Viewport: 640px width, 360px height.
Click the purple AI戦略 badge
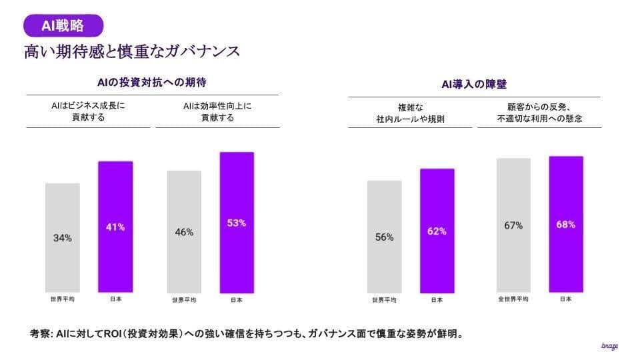coord(64,25)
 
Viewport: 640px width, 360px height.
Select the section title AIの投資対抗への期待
coord(152,83)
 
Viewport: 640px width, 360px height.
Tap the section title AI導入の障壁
coord(474,85)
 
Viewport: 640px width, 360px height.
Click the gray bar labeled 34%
coord(63,238)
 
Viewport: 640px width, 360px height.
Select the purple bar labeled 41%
coord(115,227)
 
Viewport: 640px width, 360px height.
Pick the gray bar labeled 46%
coord(184,232)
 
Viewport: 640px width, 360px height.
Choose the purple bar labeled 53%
coord(237,223)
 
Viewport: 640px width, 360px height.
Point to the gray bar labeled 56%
coord(384,237)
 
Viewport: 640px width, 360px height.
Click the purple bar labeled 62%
coord(437,231)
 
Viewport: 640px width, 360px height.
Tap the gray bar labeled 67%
coord(513,225)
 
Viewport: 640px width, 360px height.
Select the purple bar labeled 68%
coord(566,225)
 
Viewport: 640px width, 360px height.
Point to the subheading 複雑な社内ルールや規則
coord(410,113)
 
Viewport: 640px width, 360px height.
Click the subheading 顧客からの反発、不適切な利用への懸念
coord(539,113)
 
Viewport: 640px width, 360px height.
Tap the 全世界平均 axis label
coord(513,299)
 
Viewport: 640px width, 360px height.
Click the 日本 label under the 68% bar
coord(566,299)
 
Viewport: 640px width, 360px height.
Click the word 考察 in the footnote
coord(41,333)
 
